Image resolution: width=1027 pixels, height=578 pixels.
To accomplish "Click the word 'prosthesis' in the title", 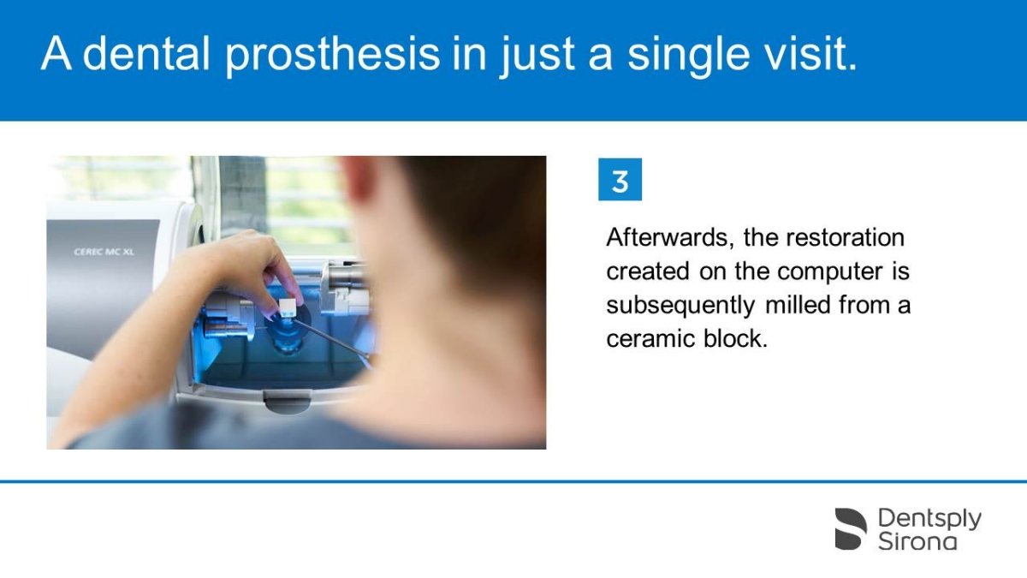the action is (332, 55).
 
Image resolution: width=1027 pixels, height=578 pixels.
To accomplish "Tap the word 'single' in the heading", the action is (689, 55).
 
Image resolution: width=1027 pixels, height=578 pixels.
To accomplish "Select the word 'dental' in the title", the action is (146, 53).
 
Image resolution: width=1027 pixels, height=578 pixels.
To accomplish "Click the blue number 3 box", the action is (620, 179).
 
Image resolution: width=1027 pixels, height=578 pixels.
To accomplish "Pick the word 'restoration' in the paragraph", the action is (845, 238).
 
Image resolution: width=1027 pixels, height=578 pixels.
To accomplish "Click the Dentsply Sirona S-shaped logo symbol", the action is (851, 528).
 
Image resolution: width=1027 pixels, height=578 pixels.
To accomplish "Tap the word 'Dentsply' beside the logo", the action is (929, 519).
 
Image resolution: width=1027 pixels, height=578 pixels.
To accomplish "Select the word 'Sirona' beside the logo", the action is (917, 541).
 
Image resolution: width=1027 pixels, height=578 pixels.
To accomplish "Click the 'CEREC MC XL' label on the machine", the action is (104, 252).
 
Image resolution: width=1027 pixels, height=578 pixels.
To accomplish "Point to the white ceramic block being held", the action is (288, 307).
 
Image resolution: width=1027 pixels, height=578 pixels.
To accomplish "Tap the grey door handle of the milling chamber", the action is (288, 400).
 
